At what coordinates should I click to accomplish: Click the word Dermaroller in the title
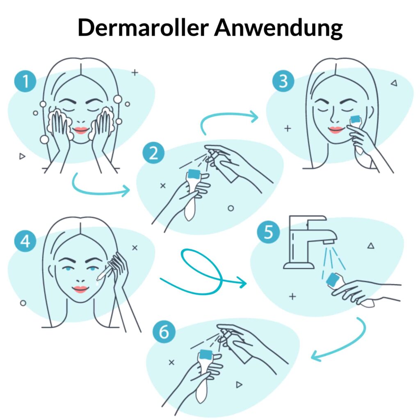pyautogui.click(x=143, y=27)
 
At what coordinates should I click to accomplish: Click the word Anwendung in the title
pyautogui.click(x=278, y=29)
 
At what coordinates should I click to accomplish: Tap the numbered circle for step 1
pyautogui.click(x=25, y=81)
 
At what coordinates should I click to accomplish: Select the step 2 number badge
pyautogui.click(x=153, y=153)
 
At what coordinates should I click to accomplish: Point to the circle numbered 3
pyautogui.click(x=283, y=81)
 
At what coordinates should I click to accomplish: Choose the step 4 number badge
pyautogui.click(x=25, y=241)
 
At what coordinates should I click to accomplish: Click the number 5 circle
pyautogui.click(x=268, y=232)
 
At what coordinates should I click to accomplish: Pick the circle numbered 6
pyautogui.click(x=164, y=332)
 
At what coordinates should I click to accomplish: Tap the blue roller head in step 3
pyautogui.click(x=356, y=119)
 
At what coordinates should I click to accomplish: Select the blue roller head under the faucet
pyautogui.click(x=333, y=279)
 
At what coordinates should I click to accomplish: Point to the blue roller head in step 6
pyautogui.click(x=205, y=354)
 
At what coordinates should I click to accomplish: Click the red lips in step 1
pyautogui.click(x=81, y=130)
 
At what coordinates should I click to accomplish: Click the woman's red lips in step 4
pyautogui.click(x=80, y=289)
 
